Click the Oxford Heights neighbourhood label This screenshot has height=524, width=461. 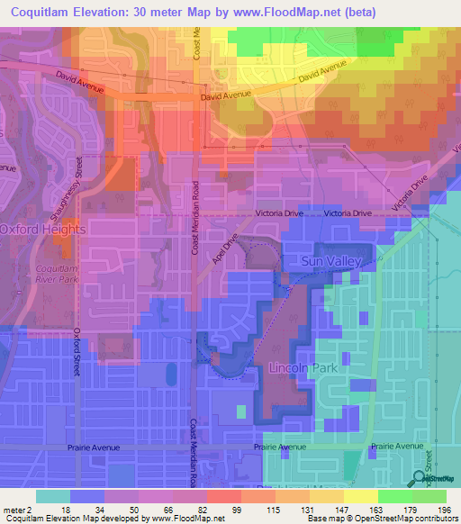pyautogui.click(x=42, y=230)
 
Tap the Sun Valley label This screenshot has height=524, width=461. pyautogui.click(x=330, y=261)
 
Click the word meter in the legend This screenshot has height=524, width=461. pyautogui.click(x=13, y=509)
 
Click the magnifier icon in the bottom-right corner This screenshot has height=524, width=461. pyautogui.click(x=420, y=480)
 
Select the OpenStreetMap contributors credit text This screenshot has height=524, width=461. pyautogui.click(x=412, y=519)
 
